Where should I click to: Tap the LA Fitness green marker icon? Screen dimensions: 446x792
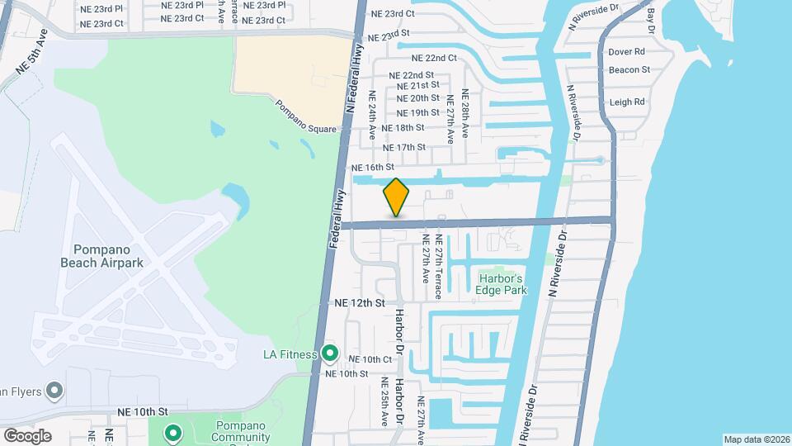click(330, 354)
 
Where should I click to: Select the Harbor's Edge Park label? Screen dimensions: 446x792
click(501, 284)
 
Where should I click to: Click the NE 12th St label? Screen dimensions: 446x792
click(360, 303)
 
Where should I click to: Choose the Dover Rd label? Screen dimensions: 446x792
click(626, 51)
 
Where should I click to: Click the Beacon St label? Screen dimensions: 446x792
click(629, 70)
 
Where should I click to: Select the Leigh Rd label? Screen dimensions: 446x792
click(627, 102)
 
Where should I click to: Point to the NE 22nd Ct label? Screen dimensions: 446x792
click(434, 58)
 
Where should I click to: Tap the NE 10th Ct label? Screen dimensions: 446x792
click(370, 359)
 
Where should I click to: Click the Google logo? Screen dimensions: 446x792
click(27, 435)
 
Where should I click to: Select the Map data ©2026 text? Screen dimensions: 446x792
click(755, 439)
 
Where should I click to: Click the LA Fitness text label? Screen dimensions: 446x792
click(290, 355)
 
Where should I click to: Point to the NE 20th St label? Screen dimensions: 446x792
click(418, 98)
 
